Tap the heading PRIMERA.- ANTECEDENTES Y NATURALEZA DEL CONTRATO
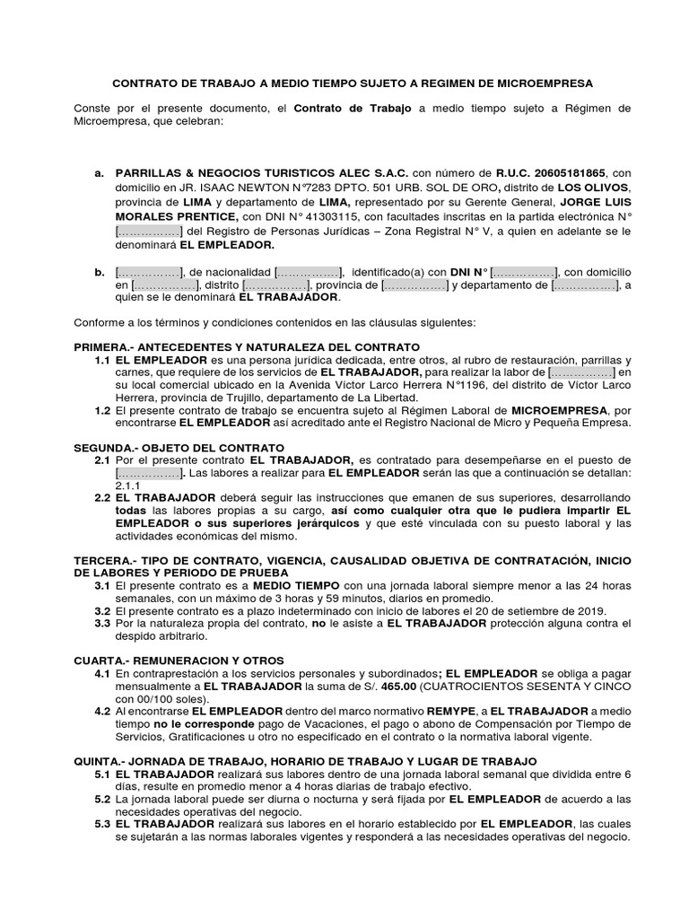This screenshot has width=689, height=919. tap(246, 346)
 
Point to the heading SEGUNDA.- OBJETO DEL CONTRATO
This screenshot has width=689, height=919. tap(179, 446)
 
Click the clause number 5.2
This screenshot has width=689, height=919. tap(101, 798)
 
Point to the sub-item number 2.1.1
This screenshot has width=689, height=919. tap(127, 484)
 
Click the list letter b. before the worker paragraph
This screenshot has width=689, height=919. tap(99, 271)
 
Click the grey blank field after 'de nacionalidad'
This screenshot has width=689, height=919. tap(308, 271)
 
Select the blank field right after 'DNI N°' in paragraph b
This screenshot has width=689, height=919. tap(523, 271)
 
